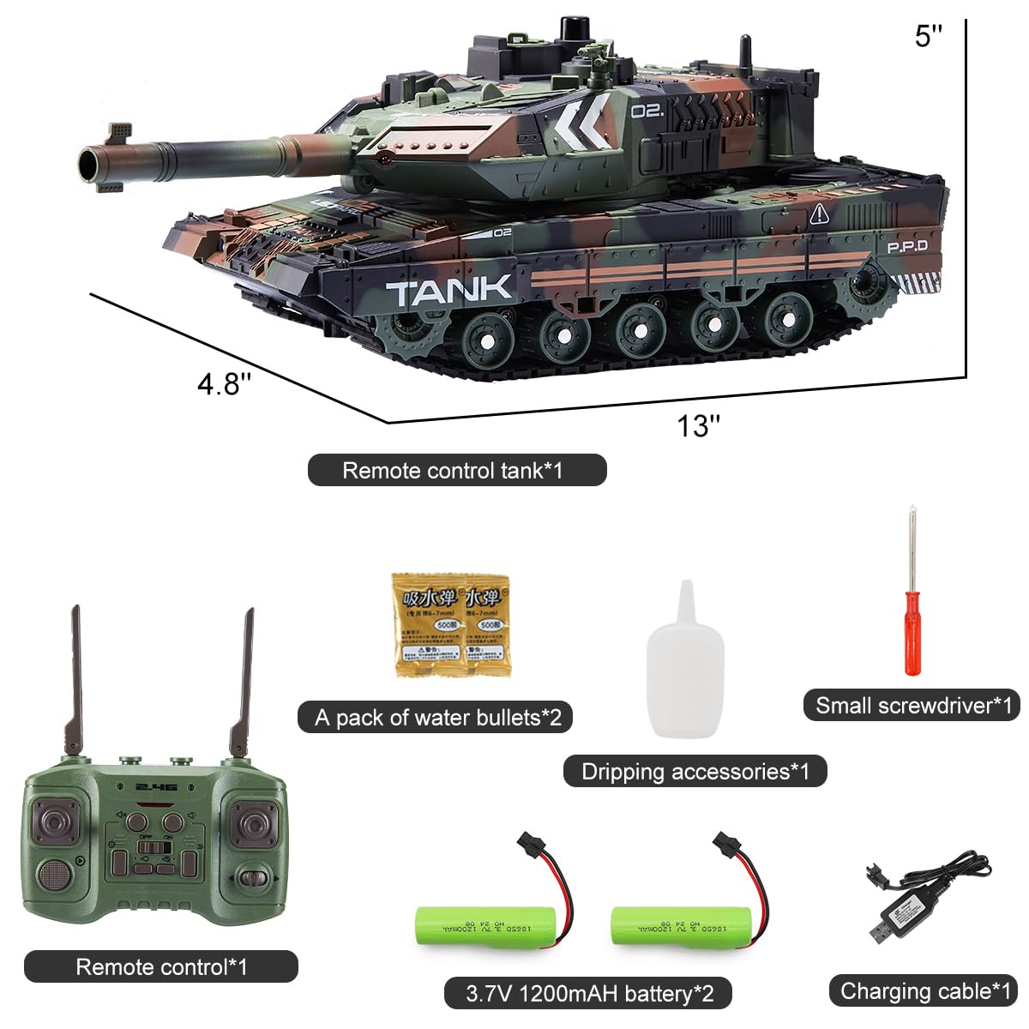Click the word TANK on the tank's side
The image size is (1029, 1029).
(449, 292)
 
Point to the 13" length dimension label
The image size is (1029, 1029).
(698, 425)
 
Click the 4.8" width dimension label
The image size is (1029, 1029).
(224, 383)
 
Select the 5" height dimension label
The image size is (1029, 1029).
(928, 36)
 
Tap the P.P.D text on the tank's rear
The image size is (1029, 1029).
(906, 247)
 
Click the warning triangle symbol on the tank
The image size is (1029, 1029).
(819, 214)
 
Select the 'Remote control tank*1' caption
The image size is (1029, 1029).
(456, 470)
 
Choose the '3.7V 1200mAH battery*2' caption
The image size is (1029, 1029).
(589, 994)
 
